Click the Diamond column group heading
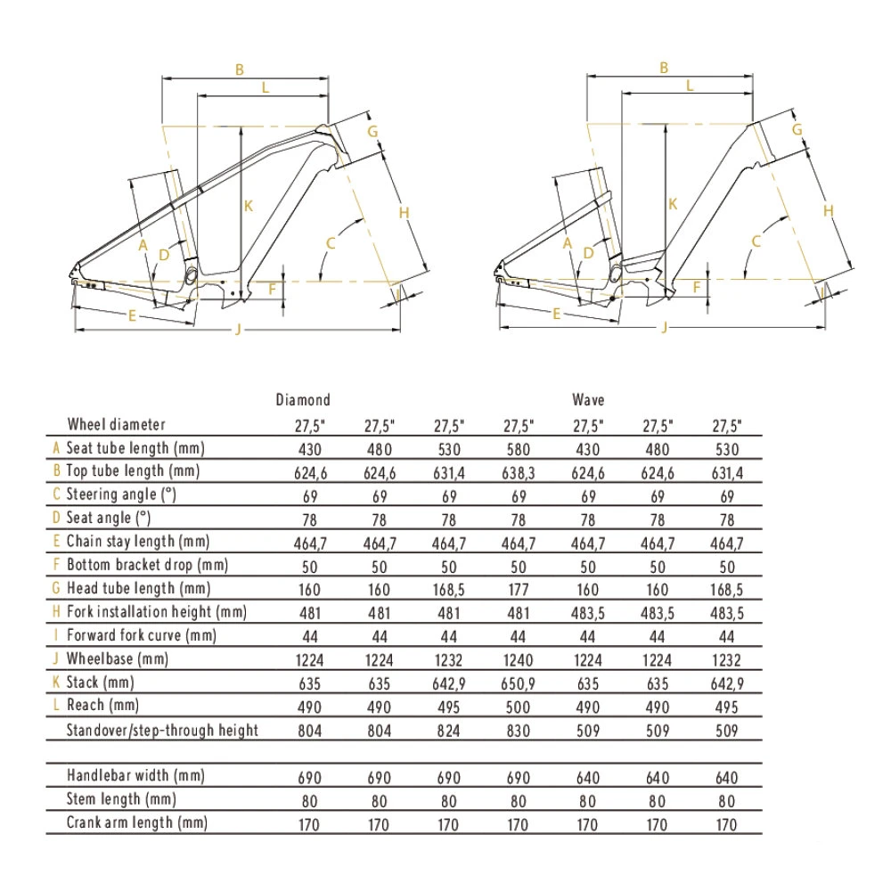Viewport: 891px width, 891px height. coord(303,400)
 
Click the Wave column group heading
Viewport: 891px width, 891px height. coord(589,400)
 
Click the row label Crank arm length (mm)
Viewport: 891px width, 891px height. coord(136,822)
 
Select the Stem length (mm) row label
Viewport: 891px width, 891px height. coord(122,799)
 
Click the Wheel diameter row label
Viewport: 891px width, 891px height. coord(116,424)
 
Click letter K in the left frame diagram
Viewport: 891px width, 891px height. coord(249,206)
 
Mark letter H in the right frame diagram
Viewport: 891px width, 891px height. coord(828,210)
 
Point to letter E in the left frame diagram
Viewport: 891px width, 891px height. coord(132,315)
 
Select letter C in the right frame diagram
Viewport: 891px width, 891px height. coord(756,241)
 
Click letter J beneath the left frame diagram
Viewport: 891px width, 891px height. coord(238,331)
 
